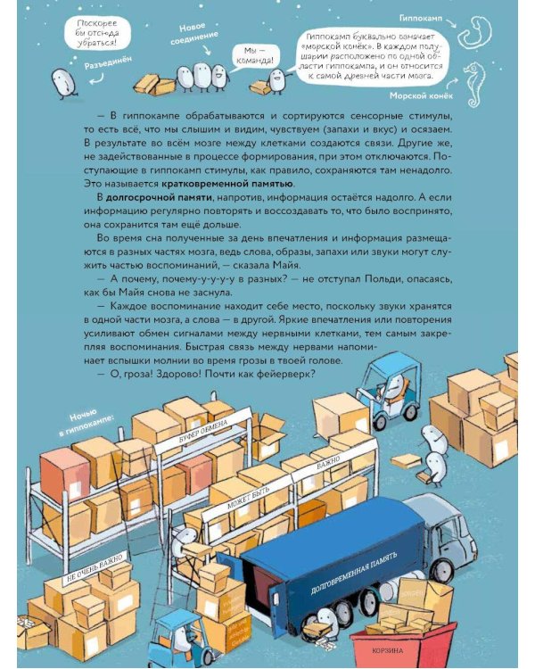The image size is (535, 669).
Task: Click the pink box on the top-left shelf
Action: [65, 467]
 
